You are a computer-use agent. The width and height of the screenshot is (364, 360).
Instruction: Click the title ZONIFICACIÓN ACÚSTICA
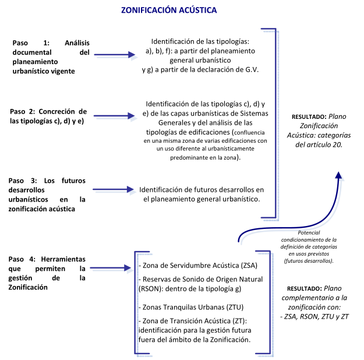click(168, 10)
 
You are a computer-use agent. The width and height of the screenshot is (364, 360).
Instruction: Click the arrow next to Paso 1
click(115, 56)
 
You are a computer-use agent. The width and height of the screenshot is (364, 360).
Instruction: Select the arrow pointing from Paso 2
click(115, 115)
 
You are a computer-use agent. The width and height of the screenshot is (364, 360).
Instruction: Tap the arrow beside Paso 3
click(115, 189)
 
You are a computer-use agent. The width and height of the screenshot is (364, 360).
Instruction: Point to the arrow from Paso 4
click(115, 269)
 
